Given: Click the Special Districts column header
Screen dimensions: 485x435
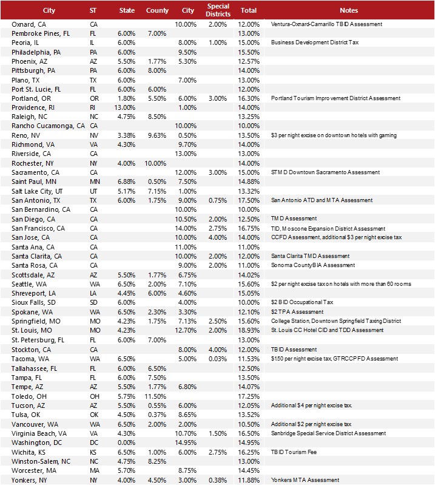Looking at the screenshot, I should pyautogui.click(x=218, y=10).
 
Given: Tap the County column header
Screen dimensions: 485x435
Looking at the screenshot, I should pyautogui.click(x=157, y=10).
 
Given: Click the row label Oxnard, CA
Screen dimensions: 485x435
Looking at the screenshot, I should pyautogui.click(x=29, y=24).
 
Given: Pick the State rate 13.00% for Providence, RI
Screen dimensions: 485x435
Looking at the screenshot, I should pyautogui.click(x=126, y=107).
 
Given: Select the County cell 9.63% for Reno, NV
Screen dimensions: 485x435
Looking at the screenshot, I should pyautogui.click(x=157, y=135).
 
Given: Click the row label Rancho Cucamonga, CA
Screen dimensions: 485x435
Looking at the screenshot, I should pyautogui.click(x=48, y=126).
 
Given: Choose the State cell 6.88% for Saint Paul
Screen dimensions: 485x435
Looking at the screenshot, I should pyautogui.click(x=126, y=181).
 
